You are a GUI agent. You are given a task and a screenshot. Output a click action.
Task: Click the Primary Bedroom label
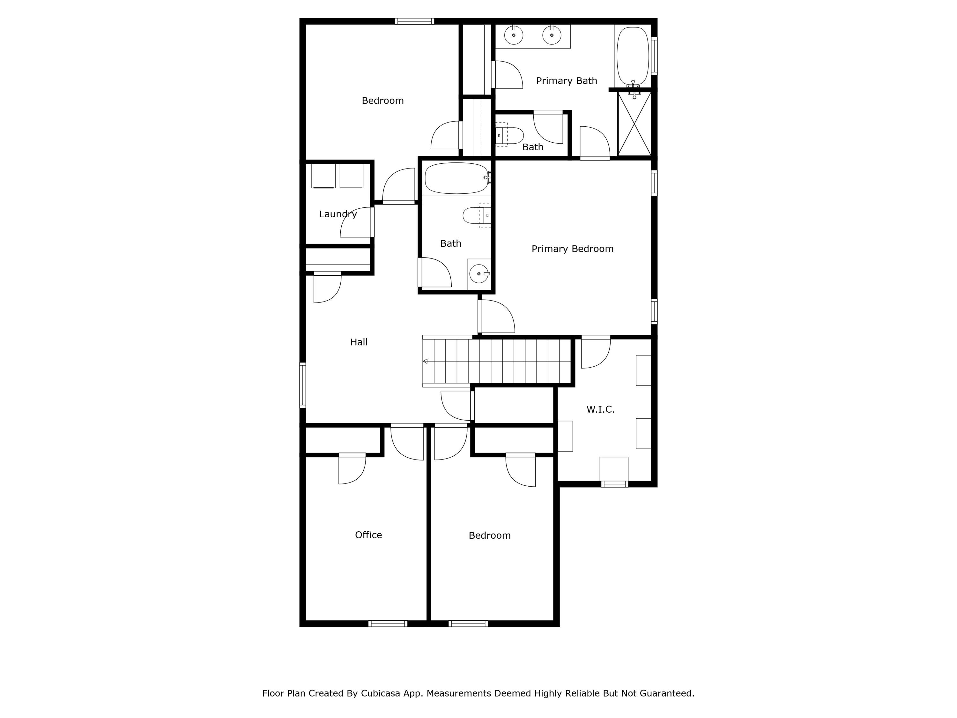(x=572, y=249)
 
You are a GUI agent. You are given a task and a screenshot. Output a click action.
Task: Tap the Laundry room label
(x=338, y=214)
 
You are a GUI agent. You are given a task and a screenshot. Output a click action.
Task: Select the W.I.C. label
(x=600, y=409)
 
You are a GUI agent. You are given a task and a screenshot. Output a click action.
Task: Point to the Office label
(x=368, y=535)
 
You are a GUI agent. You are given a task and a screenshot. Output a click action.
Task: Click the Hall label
(x=359, y=342)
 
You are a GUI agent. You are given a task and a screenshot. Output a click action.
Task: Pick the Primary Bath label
(x=566, y=81)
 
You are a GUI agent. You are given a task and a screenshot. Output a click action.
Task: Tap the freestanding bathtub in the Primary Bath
(x=633, y=56)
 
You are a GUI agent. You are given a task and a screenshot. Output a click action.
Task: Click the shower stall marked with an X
(x=634, y=123)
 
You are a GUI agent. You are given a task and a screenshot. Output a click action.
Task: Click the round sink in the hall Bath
(x=478, y=274)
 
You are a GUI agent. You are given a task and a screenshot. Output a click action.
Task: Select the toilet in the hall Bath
(x=476, y=215)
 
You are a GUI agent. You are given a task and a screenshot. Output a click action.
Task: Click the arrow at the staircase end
(x=425, y=361)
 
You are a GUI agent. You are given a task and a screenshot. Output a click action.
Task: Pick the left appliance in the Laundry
(x=323, y=176)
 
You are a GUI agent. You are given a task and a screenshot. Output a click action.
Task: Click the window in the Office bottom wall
(x=388, y=624)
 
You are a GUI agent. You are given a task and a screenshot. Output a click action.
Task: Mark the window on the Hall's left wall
(x=303, y=385)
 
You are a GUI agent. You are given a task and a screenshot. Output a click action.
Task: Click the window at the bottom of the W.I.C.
(x=615, y=484)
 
